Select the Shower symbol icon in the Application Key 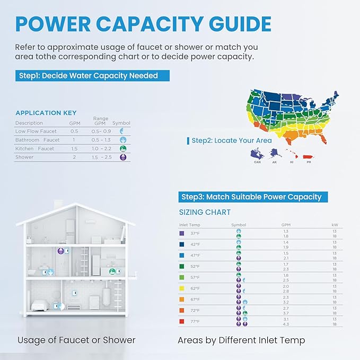tap(122, 157)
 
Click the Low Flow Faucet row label tap(36, 131)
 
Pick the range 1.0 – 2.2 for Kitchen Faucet tap(101, 149)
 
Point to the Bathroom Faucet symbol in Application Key tap(122, 140)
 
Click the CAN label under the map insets tap(258, 162)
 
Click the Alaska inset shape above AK tap(274, 153)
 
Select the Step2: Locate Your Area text tap(232, 141)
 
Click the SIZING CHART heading tap(204, 212)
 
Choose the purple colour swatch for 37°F tap(182, 233)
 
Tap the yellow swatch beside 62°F tap(182, 289)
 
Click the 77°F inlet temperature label tap(195, 321)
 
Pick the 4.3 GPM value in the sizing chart tap(286, 323)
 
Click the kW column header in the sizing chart tap(334, 225)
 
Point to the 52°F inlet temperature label tap(195, 266)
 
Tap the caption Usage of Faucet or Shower tap(76, 340)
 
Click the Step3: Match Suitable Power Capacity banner tap(251, 197)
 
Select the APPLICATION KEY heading tap(46, 113)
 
